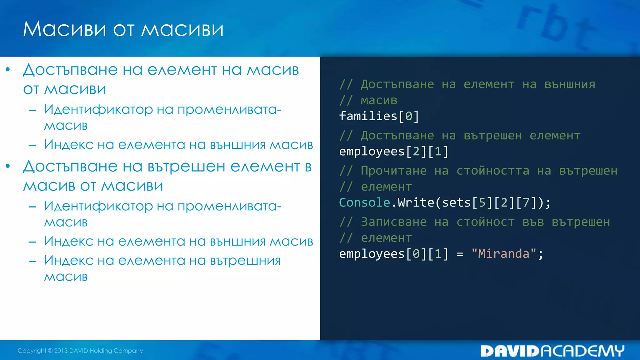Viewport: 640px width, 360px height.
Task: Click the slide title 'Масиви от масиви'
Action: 123,29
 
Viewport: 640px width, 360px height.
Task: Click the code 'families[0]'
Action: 379,116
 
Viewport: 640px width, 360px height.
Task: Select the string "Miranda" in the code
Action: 504,254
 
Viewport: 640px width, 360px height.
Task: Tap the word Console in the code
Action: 364,202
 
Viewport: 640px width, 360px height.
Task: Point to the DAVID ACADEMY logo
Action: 552,351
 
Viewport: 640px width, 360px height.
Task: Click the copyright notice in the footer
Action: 80,351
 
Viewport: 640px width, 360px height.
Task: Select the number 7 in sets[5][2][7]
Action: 526,202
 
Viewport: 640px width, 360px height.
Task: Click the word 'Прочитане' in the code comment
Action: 393,171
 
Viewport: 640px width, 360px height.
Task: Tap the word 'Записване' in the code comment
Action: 393,222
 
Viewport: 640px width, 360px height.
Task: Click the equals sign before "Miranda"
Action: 460,254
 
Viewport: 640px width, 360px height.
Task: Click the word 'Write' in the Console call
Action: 416,202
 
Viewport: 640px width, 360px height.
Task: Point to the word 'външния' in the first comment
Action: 570,84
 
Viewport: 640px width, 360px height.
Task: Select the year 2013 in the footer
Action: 61,351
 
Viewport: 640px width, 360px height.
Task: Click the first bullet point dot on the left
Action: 8,69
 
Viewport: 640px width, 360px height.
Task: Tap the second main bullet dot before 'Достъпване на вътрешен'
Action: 8,166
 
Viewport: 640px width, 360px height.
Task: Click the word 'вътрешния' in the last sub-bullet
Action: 245,261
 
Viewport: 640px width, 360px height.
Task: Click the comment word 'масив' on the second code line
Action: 379,100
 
